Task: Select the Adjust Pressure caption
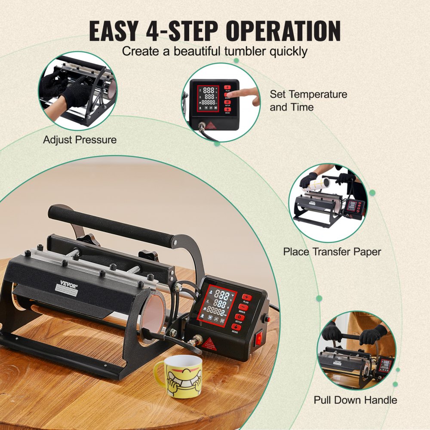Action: pyautogui.click(x=80, y=140)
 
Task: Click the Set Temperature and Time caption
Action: pyautogui.click(x=308, y=100)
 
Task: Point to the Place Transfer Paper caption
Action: pyautogui.click(x=332, y=252)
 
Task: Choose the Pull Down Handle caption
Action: pyautogui.click(x=355, y=400)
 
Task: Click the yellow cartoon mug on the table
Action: pyautogui.click(x=177, y=375)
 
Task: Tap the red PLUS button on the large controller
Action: pyautogui.click(x=247, y=297)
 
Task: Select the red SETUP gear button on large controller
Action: pyautogui.click(x=239, y=318)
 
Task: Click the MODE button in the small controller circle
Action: pyautogui.click(x=228, y=110)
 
